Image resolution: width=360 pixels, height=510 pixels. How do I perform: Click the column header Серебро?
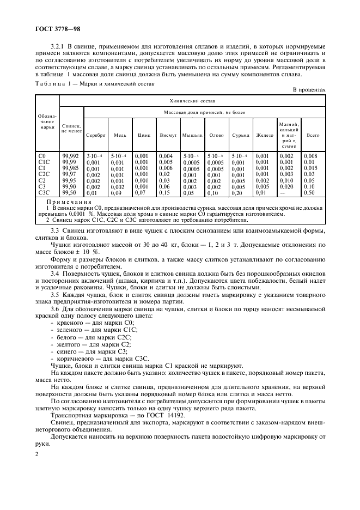[x=95, y=135]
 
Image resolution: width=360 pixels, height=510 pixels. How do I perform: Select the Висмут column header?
[x=167, y=135]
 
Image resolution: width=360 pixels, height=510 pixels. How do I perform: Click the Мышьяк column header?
[x=192, y=135]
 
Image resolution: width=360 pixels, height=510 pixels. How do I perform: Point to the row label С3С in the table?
[x=45, y=193]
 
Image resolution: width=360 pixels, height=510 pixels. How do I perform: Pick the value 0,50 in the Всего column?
[x=310, y=193]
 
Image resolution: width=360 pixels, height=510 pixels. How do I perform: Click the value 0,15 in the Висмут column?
[x=164, y=193]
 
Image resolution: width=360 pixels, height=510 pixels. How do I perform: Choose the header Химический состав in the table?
[x=192, y=102]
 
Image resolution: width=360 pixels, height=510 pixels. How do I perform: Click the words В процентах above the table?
[x=309, y=89]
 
